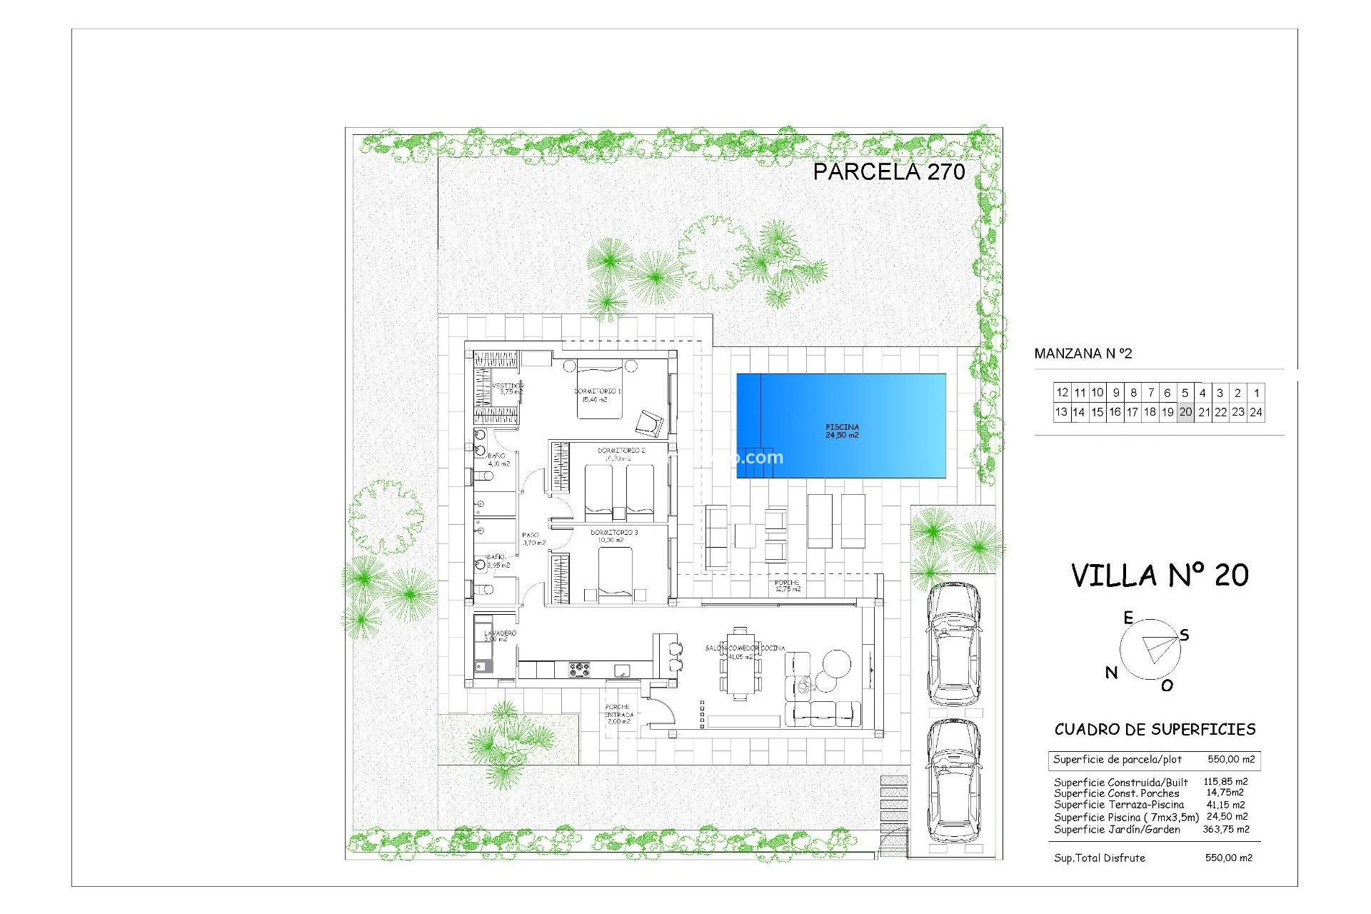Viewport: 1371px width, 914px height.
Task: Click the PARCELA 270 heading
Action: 888,171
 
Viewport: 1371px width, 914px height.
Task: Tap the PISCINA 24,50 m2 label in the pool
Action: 842,431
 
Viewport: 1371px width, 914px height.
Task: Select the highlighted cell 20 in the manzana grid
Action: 1185,412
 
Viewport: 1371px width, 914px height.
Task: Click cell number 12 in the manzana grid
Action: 1062,393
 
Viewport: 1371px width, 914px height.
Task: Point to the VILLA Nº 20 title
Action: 1160,576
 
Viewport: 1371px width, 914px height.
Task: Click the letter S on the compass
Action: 1184,635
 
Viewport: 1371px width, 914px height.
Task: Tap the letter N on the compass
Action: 1111,672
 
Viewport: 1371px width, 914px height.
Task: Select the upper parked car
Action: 953,644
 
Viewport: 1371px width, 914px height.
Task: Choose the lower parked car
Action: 953,780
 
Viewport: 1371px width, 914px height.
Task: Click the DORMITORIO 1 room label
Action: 598,395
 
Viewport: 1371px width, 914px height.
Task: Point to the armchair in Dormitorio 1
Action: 651,423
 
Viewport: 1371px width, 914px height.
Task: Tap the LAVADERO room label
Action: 499,636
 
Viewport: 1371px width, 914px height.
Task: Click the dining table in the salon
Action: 740,664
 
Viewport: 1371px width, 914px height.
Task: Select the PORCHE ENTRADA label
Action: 618,714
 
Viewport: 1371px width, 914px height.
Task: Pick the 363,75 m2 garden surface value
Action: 1226,830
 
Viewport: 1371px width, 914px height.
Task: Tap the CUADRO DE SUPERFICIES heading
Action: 1155,730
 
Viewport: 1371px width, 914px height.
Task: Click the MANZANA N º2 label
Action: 1083,353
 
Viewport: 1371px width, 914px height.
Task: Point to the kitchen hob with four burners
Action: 579,670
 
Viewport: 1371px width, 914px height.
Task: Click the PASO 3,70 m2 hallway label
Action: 533,539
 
